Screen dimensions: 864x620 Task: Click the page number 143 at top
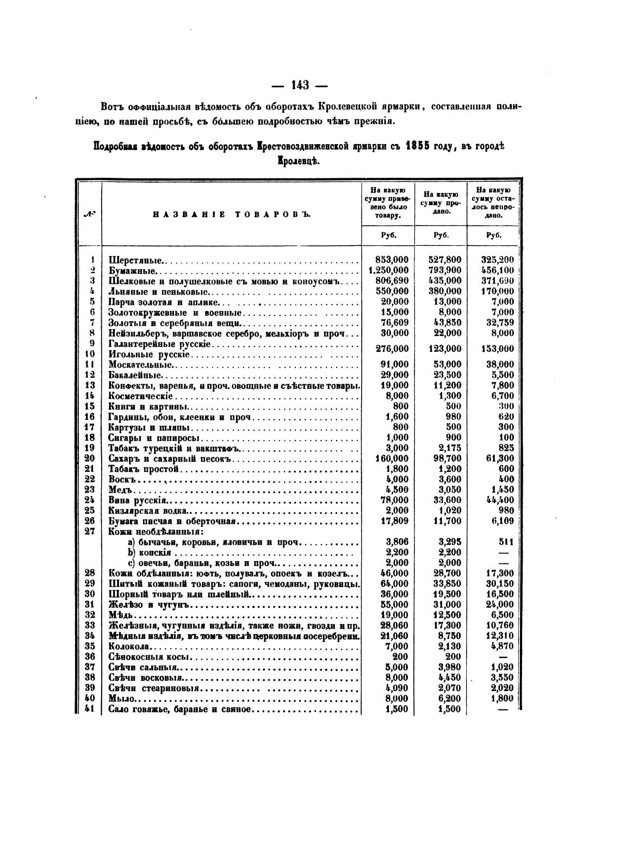[x=300, y=85]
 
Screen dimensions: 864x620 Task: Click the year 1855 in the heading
[x=417, y=147]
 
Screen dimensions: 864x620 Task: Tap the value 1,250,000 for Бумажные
[x=388, y=270]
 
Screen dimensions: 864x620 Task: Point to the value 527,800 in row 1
[x=444, y=260]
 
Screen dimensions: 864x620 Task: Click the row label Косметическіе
[x=140, y=396]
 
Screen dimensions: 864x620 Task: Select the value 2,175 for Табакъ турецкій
[x=449, y=448]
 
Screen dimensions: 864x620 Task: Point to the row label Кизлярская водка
[x=147, y=511]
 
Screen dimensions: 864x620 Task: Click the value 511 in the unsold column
[x=505, y=542]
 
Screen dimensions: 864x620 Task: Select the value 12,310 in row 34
[x=499, y=636]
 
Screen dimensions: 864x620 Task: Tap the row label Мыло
[x=121, y=699]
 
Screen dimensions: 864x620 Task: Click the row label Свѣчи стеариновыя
[x=154, y=688]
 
